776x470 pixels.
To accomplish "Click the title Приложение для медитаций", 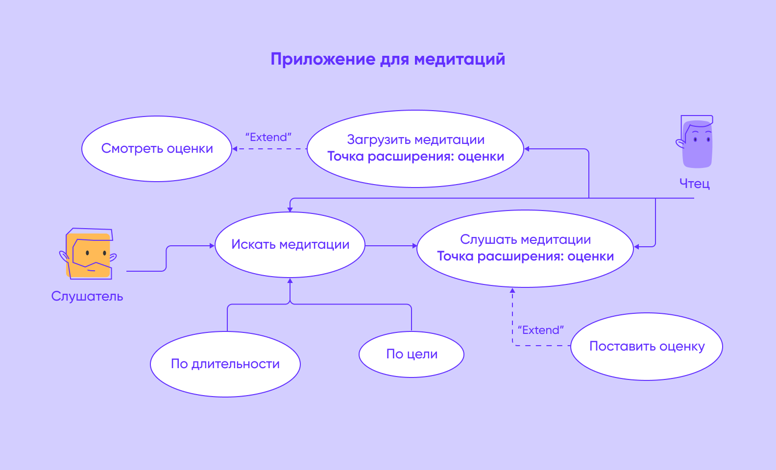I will click(x=388, y=59).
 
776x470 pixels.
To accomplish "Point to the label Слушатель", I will click(x=87, y=296).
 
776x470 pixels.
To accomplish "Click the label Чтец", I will click(x=695, y=184).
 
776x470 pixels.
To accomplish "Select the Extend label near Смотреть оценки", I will click(x=268, y=137).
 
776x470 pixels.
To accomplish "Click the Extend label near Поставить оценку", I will click(x=541, y=330).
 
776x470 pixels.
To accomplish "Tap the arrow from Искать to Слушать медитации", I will click(x=390, y=246).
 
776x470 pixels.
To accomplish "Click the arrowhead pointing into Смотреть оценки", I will click(x=235, y=149).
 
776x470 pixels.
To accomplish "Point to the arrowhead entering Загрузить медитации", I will click(x=527, y=149).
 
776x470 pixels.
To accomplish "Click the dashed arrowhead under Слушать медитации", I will click(x=512, y=290).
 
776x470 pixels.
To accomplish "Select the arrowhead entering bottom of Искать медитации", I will click(x=290, y=281).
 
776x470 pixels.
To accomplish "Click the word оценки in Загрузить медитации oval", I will click(x=481, y=157).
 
